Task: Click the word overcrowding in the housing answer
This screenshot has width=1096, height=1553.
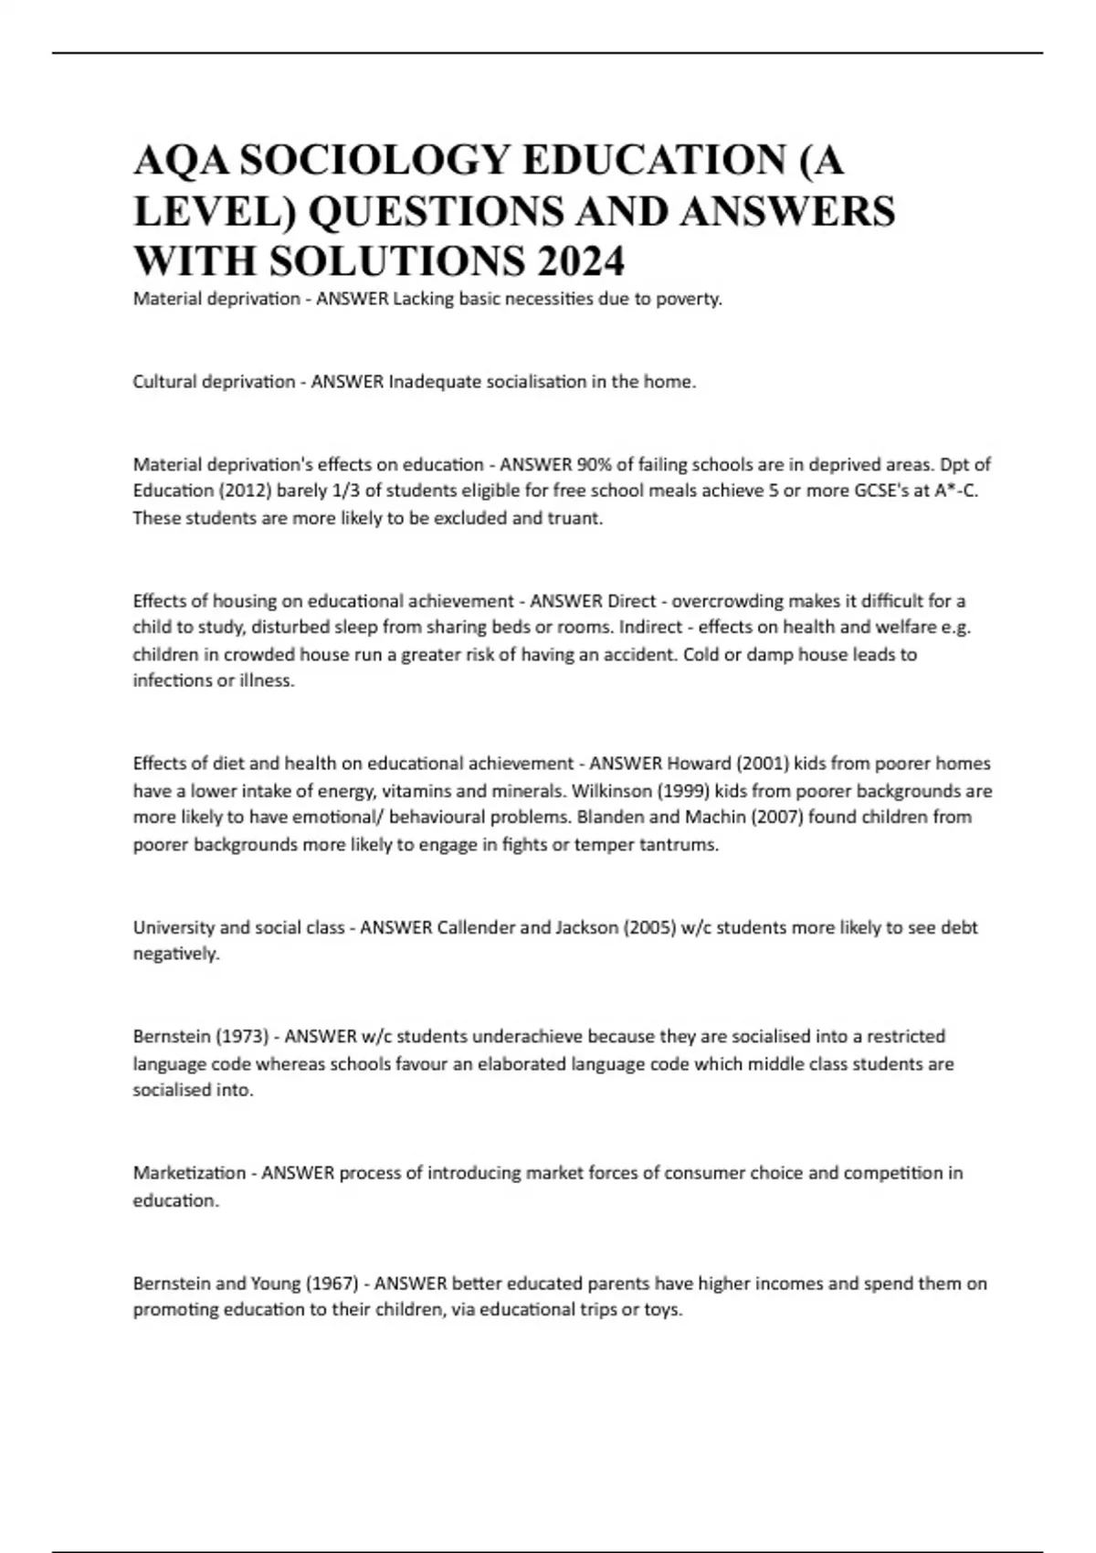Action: coord(727,601)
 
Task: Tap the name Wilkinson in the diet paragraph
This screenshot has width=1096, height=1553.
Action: coord(612,791)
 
